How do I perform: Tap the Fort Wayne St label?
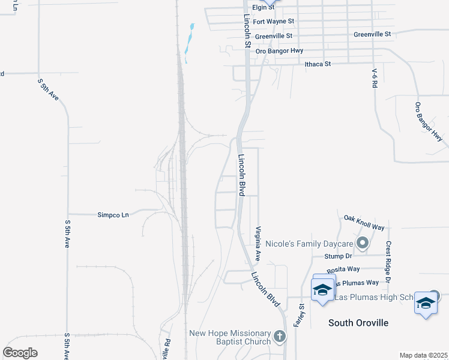[273, 21]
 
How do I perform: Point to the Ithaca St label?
[318, 63]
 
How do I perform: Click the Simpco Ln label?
[113, 214]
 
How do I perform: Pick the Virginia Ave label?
[258, 243]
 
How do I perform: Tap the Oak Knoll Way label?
[364, 223]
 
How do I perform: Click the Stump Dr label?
[338, 256]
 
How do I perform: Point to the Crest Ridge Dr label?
[388, 262]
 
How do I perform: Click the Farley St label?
[298, 314]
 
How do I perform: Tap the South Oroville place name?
[358, 323]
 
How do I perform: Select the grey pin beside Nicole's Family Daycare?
[362, 244]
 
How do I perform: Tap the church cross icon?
[279, 337]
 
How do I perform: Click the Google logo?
[20, 352]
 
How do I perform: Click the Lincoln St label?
[247, 31]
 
